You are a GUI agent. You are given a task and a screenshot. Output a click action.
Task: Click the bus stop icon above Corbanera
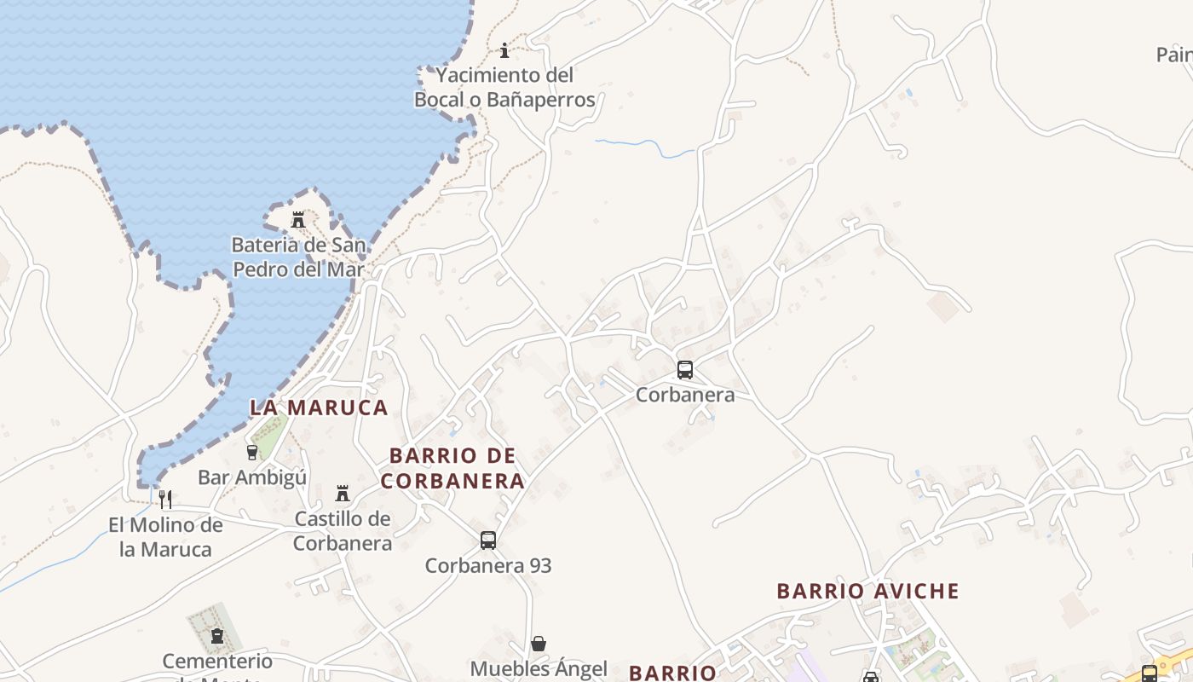(x=685, y=370)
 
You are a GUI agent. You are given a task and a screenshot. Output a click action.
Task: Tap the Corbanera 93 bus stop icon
(x=488, y=540)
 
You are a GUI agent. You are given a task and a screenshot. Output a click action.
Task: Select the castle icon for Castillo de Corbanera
(x=343, y=494)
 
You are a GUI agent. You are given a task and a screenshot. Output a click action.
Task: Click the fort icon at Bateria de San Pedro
(x=298, y=220)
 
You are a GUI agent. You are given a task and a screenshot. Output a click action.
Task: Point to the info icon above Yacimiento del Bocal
(x=504, y=50)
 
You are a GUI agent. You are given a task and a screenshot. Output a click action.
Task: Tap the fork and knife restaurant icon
(x=165, y=500)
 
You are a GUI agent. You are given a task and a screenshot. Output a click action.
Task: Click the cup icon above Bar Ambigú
(x=252, y=453)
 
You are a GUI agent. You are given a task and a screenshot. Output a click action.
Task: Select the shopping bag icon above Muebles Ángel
(x=539, y=644)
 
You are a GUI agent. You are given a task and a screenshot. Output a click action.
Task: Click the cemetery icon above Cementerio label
(x=216, y=636)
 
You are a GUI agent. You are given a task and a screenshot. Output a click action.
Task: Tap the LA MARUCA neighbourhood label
(x=319, y=407)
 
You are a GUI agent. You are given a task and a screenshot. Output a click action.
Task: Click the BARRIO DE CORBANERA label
(x=452, y=468)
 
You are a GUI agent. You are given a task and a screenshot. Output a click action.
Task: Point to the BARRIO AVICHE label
(x=867, y=591)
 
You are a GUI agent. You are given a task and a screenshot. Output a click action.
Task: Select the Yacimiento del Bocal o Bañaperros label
(x=504, y=88)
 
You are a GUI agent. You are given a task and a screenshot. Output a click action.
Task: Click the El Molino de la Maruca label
(x=165, y=537)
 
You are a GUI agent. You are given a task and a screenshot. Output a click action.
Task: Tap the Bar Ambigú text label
(x=252, y=477)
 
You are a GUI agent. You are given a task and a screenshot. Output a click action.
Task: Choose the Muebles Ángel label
(x=539, y=668)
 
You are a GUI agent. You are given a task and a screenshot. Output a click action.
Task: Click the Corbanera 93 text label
(x=488, y=565)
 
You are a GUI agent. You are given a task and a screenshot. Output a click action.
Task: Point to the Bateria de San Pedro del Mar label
(x=298, y=257)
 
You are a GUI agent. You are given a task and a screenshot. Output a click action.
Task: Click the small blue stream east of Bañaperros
(x=648, y=147)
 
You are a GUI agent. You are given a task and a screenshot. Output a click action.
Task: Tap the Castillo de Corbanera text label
(x=343, y=530)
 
